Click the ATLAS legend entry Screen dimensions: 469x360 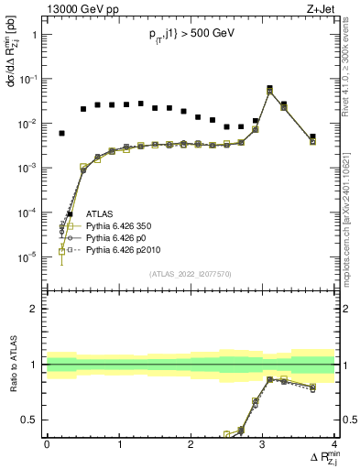[x=100, y=213]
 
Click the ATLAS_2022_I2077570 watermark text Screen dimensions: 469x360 [x=191, y=273]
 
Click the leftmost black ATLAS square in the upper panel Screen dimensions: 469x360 [x=61, y=134]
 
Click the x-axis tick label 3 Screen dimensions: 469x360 [x=262, y=444]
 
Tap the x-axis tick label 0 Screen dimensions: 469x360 [x=47, y=444]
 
